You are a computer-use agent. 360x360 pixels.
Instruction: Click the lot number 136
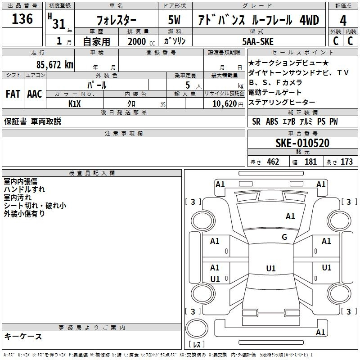coord(22,19)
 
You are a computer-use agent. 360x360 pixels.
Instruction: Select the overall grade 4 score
coord(343,20)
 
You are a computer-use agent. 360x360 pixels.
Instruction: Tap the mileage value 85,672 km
coord(55,64)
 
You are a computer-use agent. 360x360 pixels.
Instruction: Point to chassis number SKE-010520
coord(302,143)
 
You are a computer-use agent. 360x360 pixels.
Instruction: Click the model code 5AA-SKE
coord(258,41)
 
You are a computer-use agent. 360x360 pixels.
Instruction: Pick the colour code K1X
coord(75,104)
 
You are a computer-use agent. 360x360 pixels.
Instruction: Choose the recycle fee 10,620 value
coord(225,104)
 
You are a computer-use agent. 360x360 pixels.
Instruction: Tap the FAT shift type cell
coord(13,94)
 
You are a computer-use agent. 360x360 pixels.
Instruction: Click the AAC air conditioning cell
coord(35,94)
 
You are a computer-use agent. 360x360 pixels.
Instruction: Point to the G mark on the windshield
coord(284,237)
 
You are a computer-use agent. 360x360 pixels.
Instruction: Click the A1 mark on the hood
coord(290,216)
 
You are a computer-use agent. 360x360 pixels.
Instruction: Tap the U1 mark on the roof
coord(271,268)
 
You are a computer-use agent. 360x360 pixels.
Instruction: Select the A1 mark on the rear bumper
coord(320,332)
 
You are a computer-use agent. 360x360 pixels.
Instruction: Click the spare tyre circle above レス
coord(197,328)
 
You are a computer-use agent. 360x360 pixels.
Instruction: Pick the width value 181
coord(310,162)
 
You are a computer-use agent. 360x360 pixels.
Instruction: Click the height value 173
coord(346,162)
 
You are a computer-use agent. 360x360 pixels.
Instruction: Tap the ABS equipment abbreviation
coord(272,121)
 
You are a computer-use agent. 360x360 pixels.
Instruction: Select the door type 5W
coord(174,20)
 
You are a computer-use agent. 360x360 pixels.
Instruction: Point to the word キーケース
coord(23,337)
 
